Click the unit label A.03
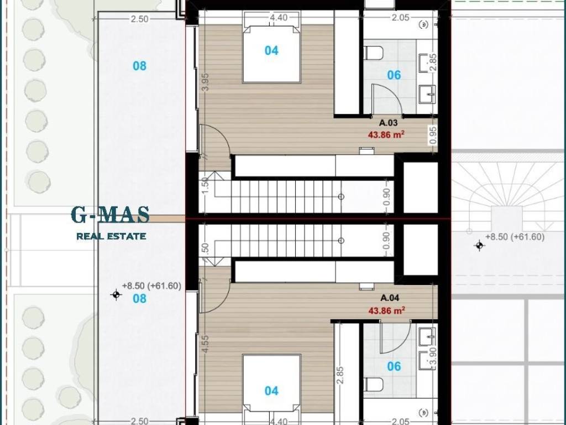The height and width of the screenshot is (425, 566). tap(388, 123)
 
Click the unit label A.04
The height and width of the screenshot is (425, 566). tap(390, 298)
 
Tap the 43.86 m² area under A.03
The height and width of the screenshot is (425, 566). tap(386, 135)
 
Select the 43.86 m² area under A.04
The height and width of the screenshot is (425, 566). tap(386, 310)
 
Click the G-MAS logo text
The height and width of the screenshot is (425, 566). tap(110, 215)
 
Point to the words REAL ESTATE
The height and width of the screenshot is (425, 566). tap(111, 236)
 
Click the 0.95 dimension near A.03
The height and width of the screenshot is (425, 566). tap(433, 135)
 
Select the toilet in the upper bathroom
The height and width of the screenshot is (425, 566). tap(373, 53)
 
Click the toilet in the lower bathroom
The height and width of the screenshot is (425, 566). tap(373, 385)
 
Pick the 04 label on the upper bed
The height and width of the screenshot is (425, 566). tap(271, 50)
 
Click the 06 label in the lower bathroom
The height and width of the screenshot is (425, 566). tap(394, 366)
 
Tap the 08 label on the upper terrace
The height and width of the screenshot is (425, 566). tap(140, 66)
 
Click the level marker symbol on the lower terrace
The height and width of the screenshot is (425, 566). tap(116, 295)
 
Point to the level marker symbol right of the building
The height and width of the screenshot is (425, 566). tap(479, 246)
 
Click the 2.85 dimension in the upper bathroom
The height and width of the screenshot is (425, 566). tap(433, 63)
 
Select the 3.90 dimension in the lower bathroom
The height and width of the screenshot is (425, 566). tap(433, 357)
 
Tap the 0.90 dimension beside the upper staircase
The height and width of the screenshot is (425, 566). tap(386, 197)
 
